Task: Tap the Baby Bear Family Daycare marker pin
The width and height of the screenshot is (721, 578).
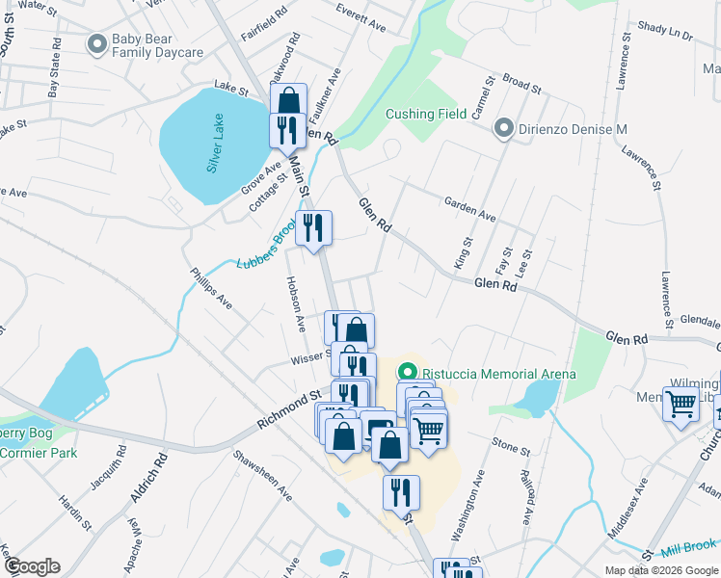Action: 96,43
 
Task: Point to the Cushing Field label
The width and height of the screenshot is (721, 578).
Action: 426,114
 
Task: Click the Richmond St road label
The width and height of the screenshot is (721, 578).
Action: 288,410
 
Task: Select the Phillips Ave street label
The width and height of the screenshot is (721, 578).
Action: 210,289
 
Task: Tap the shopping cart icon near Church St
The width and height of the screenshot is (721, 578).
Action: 681,404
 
